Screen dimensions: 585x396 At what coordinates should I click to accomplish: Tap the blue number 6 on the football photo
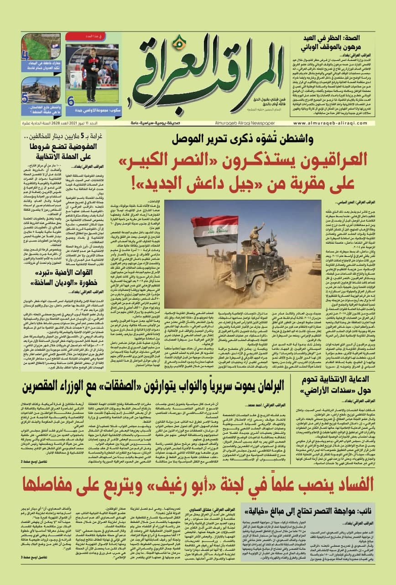pos(71,101)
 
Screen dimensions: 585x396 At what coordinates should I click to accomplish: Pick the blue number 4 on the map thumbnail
pos(25,57)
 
